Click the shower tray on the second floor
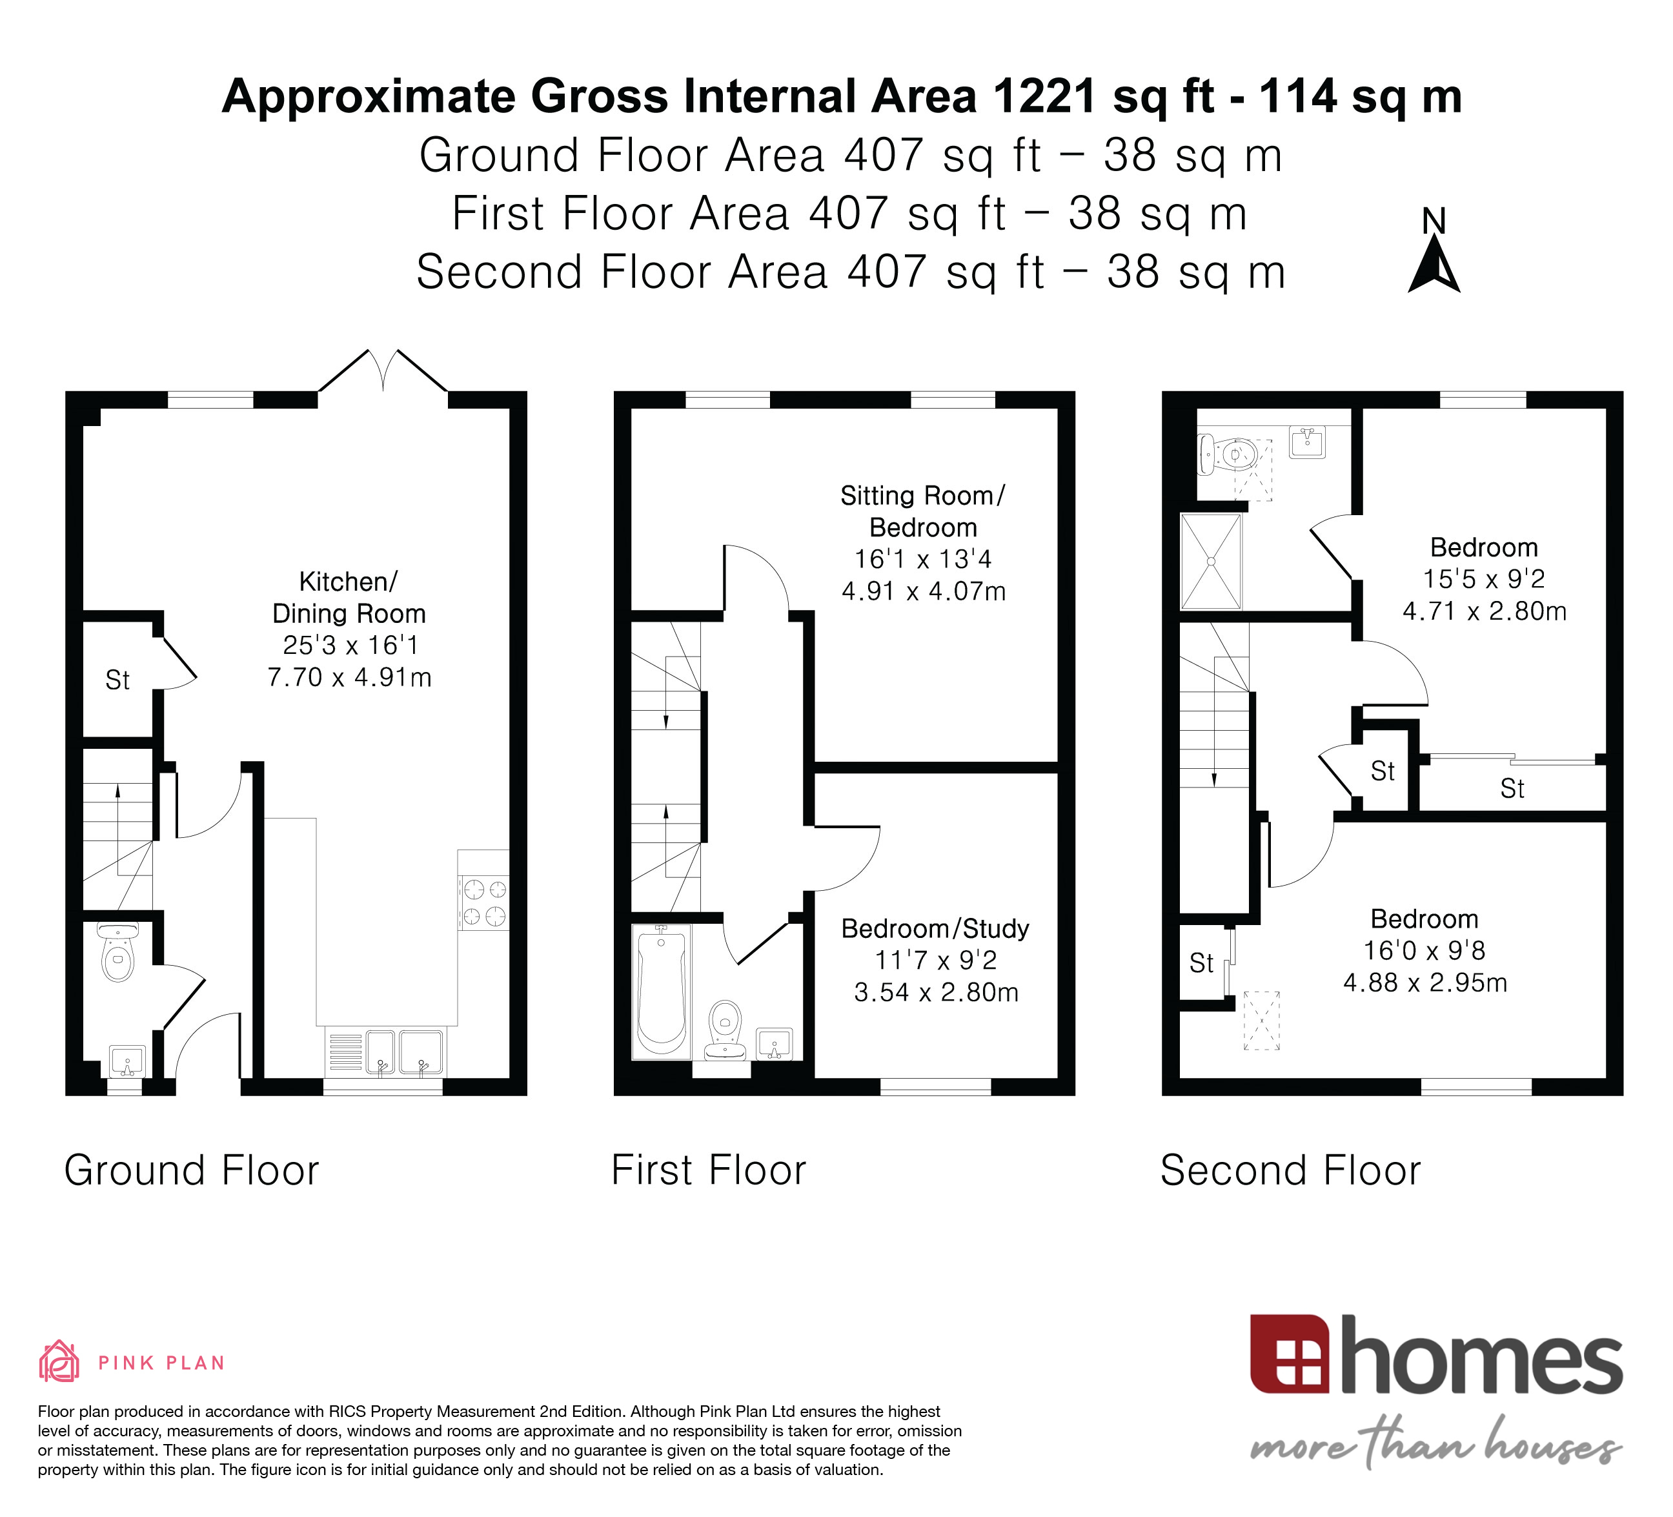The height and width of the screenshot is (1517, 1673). click(x=1211, y=561)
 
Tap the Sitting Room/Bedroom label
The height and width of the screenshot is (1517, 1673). click(x=923, y=511)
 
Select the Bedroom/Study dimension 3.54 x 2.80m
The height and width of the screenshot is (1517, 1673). click(x=936, y=992)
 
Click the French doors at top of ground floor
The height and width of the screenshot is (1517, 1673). click(x=383, y=371)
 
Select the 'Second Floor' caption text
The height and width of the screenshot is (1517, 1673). click(x=1290, y=1170)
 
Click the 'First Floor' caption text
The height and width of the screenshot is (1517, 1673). click(x=709, y=1170)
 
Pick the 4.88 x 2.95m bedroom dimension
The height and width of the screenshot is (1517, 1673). click(x=1425, y=982)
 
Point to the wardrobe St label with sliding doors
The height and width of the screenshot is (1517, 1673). click(x=1512, y=788)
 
